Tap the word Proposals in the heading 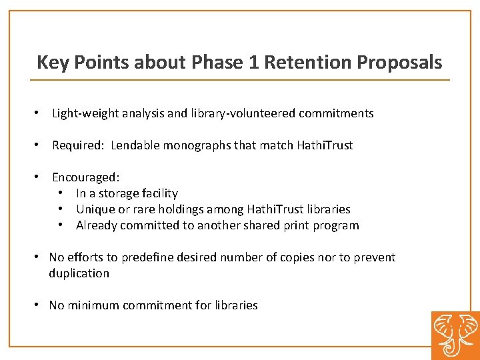pos(399,63)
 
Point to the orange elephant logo pos(455,335)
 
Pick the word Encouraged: pos(85,177)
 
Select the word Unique pos(95,209)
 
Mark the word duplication pos(79,273)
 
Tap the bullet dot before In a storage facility pos(61,193)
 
